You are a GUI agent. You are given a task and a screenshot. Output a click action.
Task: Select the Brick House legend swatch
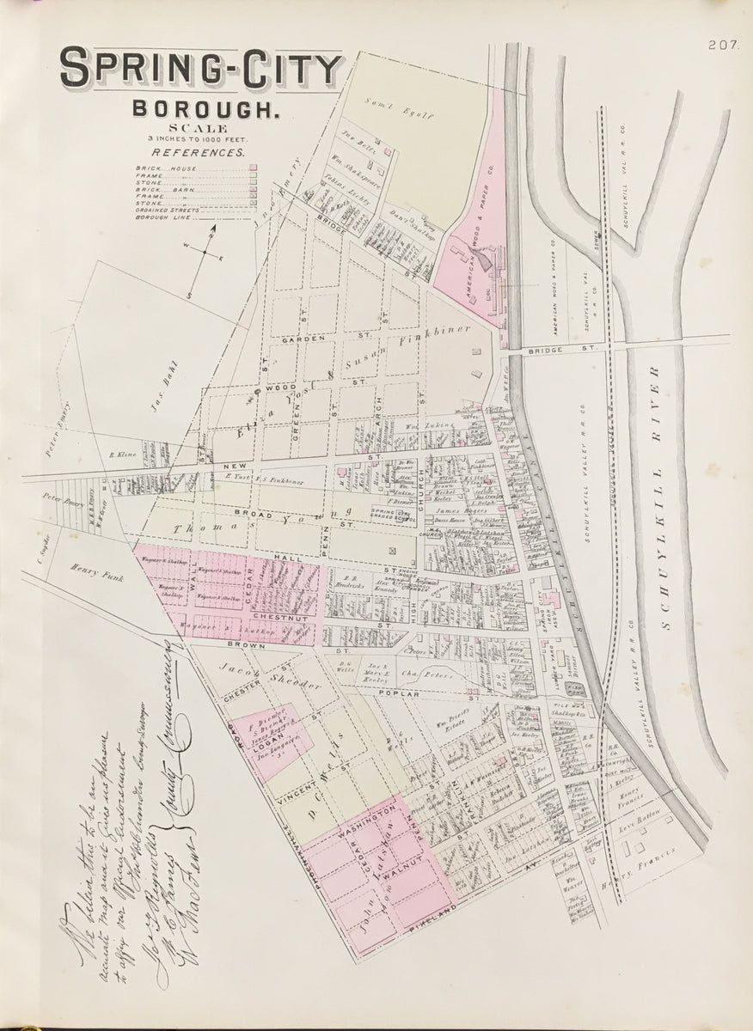(x=253, y=168)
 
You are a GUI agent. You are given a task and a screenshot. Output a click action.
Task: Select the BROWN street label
(x=224, y=643)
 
